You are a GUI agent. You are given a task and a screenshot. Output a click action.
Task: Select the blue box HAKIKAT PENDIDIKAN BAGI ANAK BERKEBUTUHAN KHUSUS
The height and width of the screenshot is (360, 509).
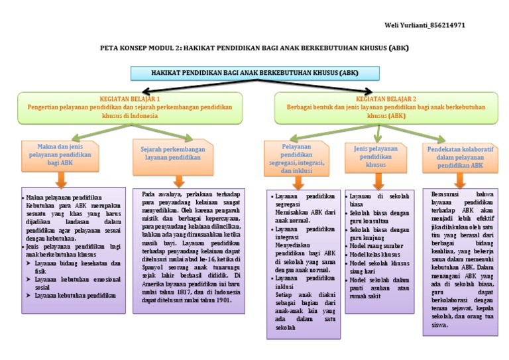coord(254,72)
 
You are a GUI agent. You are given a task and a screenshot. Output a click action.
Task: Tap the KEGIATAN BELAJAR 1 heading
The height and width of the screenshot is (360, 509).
coord(129,98)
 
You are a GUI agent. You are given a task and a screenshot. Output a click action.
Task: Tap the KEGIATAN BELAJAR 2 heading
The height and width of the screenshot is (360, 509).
coord(385,98)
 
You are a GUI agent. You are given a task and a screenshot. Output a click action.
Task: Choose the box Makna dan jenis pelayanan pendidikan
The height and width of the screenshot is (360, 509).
coord(60,154)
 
